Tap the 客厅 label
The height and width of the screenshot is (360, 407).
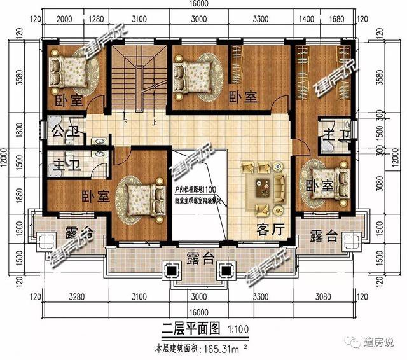click(x=270, y=228)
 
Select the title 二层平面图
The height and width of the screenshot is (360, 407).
click(x=188, y=328)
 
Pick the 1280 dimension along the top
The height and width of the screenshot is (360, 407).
click(x=97, y=20)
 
